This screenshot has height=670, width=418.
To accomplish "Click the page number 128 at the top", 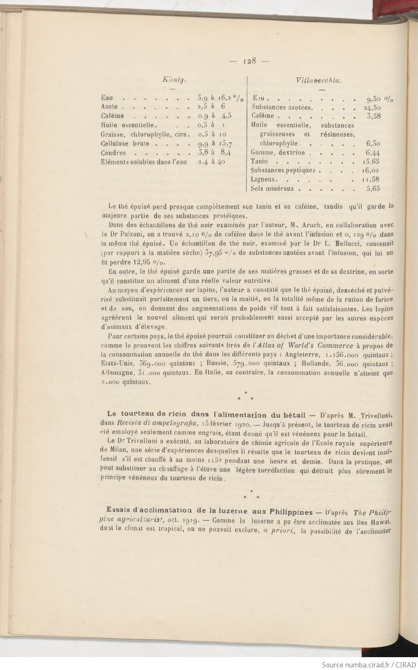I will [249, 61].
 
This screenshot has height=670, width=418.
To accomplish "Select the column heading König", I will [174, 79].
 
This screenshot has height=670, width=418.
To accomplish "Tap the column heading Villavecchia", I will [321, 80].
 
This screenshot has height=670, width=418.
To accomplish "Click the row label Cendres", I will [113, 153].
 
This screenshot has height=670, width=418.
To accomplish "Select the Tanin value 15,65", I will [371, 162].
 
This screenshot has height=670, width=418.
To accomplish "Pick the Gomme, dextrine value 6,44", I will [373, 153].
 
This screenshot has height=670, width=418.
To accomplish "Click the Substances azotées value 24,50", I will [371, 107].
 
